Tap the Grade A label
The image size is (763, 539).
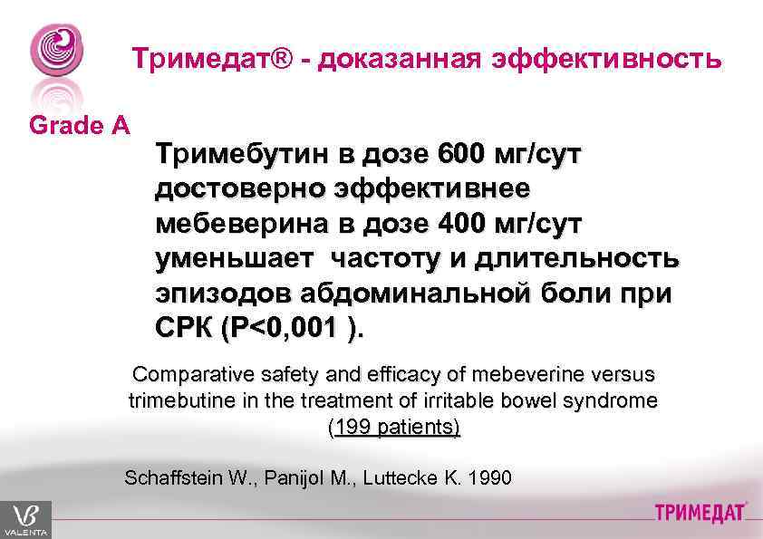pos(79,126)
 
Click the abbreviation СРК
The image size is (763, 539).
pos(185,328)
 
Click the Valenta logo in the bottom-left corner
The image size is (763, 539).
pos(25,519)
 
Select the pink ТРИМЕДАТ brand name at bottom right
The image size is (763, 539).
pos(700,514)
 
